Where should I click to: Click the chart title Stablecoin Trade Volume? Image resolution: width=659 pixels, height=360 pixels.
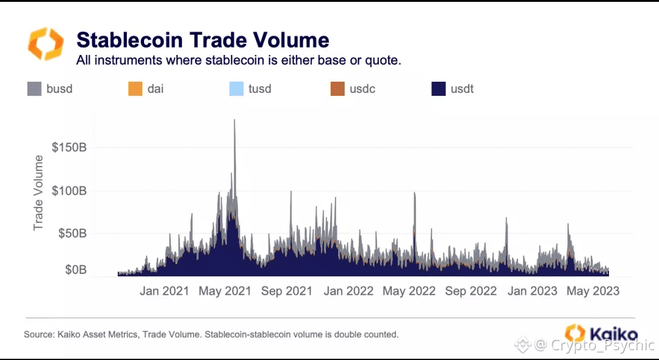click(203, 40)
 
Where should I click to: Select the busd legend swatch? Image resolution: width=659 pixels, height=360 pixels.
click(34, 88)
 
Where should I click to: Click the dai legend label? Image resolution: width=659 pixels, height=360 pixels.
click(156, 88)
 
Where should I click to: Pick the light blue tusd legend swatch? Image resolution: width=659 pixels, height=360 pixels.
click(236, 88)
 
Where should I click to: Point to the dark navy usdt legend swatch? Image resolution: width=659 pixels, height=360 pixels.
click(439, 88)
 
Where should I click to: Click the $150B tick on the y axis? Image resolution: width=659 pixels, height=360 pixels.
click(70, 148)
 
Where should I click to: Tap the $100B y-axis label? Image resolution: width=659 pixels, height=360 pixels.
click(70, 191)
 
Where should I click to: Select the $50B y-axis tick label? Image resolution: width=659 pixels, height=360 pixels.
click(73, 234)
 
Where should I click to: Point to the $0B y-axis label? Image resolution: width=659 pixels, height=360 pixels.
click(76, 270)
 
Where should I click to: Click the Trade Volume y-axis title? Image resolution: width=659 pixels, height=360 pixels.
click(38, 193)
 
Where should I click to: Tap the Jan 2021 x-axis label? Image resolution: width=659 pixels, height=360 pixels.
click(164, 291)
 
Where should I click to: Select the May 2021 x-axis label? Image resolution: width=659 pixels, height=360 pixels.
click(225, 291)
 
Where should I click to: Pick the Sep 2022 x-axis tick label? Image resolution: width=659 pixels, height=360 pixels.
click(471, 291)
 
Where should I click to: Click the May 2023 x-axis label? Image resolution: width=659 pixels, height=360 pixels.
click(593, 291)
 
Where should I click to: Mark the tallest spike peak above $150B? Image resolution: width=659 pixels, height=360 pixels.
click(234, 120)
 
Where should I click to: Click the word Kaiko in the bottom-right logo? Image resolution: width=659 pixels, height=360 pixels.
click(613, 334)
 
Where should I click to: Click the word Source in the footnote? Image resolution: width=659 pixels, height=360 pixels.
click(38, 334)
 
